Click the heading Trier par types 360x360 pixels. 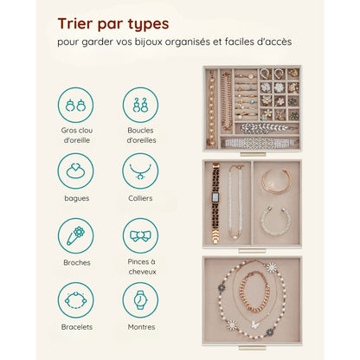(114, 22)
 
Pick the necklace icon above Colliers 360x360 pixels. (140, 170)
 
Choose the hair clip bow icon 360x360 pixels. (140, 235)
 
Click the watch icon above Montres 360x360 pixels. (140, 300)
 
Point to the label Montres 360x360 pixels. (140, 327)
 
